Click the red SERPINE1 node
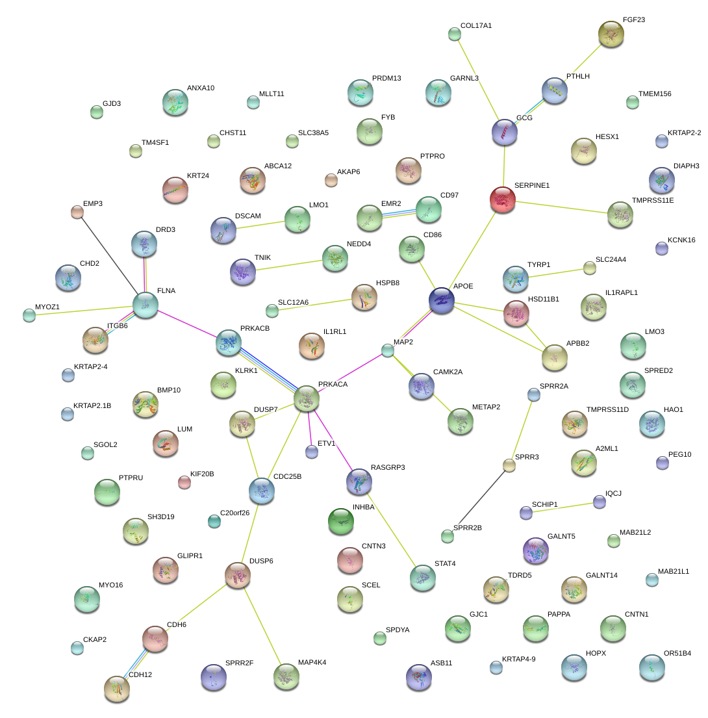502,199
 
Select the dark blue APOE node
442,301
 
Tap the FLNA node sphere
145,305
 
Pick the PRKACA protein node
307,398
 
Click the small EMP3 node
77,211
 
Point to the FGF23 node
611,34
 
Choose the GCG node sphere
505,132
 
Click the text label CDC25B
288,476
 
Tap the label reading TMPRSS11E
653,200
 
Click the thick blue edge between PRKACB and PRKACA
267,370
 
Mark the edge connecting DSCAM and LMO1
260,224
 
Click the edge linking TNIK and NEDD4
290,264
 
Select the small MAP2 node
388,350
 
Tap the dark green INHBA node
341,521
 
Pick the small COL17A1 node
455,34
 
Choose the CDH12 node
117,689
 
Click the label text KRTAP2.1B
92,406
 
